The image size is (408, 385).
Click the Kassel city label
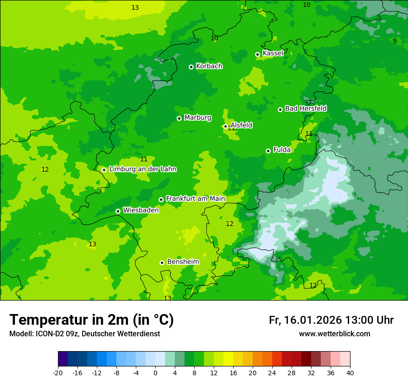coord(273,53)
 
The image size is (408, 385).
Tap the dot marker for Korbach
coord(191,67)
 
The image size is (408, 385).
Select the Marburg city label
coord(198,118)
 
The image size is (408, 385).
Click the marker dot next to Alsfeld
coord(226,126)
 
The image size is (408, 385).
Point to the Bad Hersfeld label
coord(306,109)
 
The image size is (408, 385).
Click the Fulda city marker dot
coord(268,151)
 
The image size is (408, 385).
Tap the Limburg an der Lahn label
coord(142,169)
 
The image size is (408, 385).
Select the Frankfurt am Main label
coord(195,199)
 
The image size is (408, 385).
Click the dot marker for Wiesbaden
coord(118,211)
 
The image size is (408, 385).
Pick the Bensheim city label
coord(183,262)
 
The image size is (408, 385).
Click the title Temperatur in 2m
coord(91,320)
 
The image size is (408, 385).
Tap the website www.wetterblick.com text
coord(334,334)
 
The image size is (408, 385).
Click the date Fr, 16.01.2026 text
coord(305,320)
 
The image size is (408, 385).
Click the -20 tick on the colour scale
coord(58,373)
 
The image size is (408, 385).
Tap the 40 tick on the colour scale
coord(350,373)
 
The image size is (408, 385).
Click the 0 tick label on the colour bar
coord(155,373)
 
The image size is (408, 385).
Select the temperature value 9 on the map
coord(395,41)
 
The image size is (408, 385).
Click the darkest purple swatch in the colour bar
coord(63,359)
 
